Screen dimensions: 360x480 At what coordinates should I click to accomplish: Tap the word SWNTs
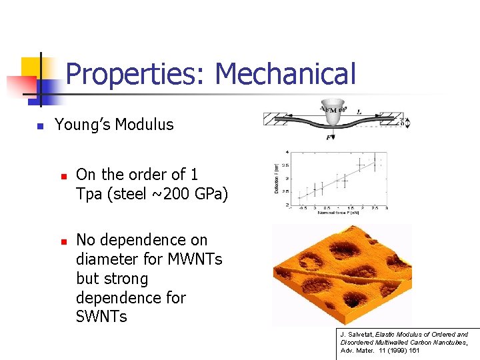101,317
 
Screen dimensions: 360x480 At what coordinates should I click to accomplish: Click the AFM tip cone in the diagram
331,117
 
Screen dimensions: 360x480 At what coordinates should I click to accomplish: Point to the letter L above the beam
359,111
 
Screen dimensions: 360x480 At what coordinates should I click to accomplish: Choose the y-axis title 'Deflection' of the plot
275,181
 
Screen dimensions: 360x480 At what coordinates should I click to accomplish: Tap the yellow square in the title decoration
31,68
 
